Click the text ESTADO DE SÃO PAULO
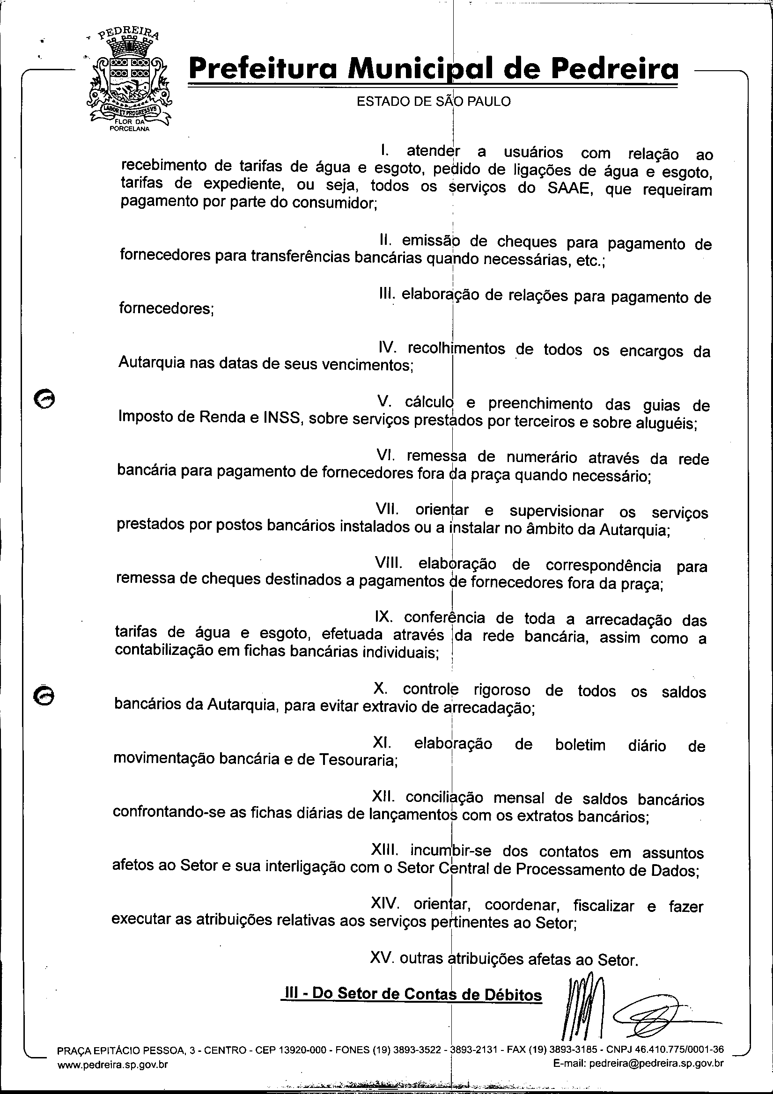[433, 102]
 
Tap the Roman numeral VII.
[387, 510]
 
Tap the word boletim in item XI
[580, 744]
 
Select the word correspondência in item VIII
[603, 565]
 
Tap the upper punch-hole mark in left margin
[45, 398]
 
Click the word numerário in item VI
[541, 458]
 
